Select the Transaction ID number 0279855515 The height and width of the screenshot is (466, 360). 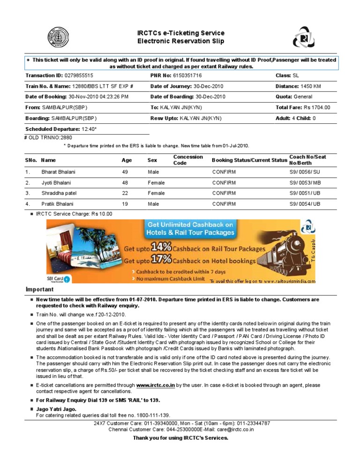(x=79, y=75)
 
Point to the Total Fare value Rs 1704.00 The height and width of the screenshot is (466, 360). (x=317, y=107)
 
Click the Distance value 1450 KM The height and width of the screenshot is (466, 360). (x=311, y=86)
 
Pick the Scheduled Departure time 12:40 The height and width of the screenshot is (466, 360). (x=89, y=129)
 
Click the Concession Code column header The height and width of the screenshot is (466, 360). (x=188, y=160)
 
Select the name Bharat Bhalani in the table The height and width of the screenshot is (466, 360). (x=58, y=172)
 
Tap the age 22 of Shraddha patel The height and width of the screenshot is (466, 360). (x=125, y=193)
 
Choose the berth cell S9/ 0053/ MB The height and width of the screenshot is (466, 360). (x=305, y=183)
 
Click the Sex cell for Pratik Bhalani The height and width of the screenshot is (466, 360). (x=153, y=204)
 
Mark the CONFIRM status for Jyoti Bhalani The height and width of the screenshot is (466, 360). (x=224, y=183)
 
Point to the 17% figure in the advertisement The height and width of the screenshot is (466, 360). (x=161, y=260)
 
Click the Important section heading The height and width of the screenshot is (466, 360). (x=39, y=290)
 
